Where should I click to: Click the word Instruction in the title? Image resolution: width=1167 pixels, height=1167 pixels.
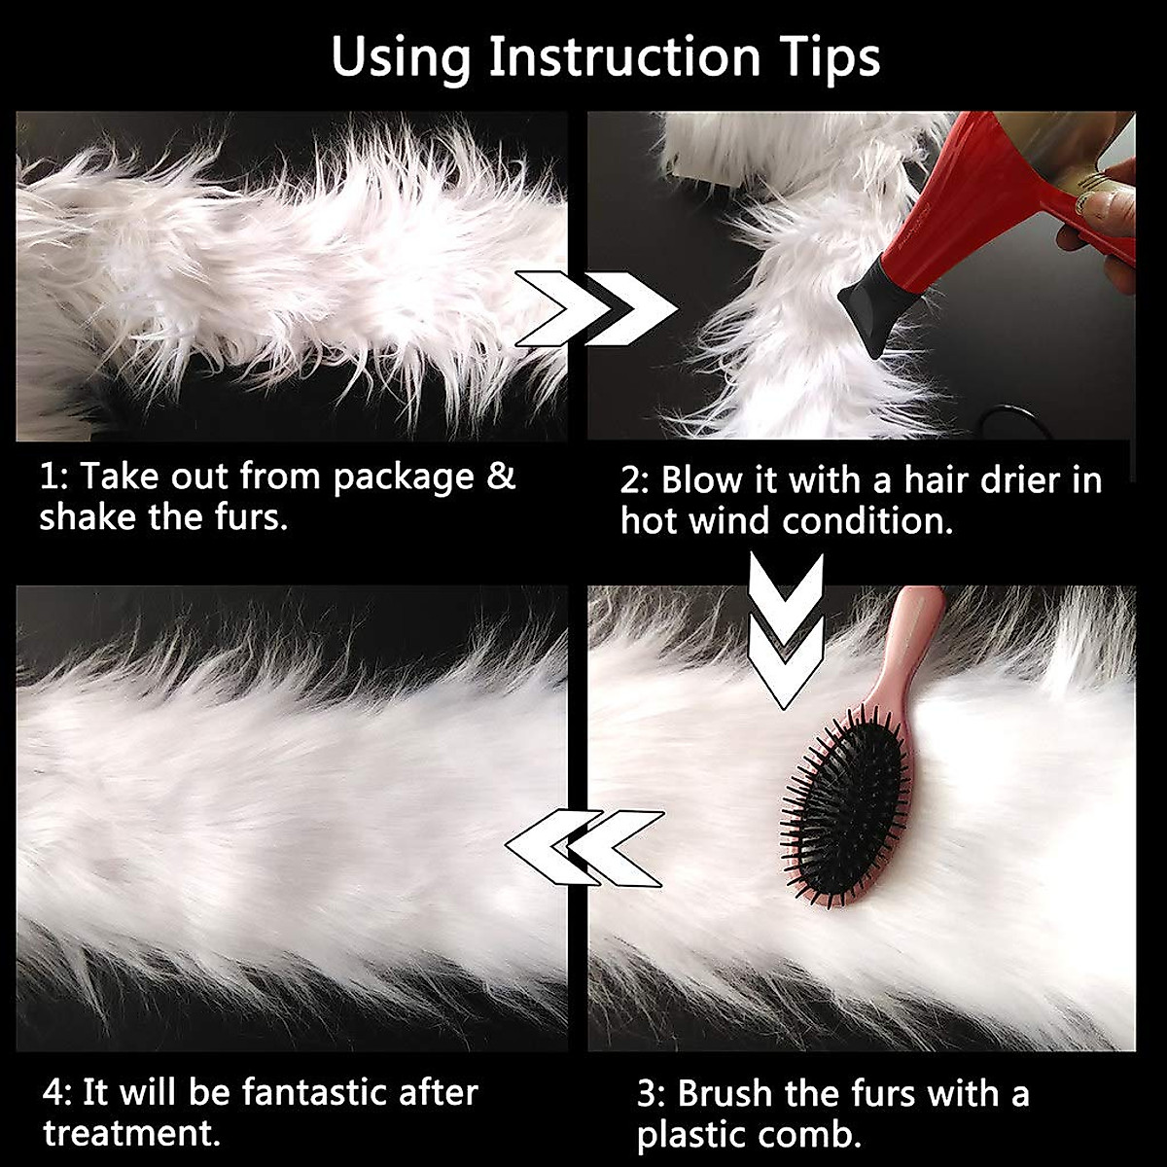(x=623, y=58)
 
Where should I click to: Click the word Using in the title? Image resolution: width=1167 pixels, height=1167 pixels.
(x=401, y=58)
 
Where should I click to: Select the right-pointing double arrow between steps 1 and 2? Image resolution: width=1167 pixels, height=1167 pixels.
(x=595, y=309)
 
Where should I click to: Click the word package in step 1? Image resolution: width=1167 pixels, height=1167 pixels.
(x=402, y=478)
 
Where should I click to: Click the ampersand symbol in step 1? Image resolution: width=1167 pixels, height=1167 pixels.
(x=501, y=477)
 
